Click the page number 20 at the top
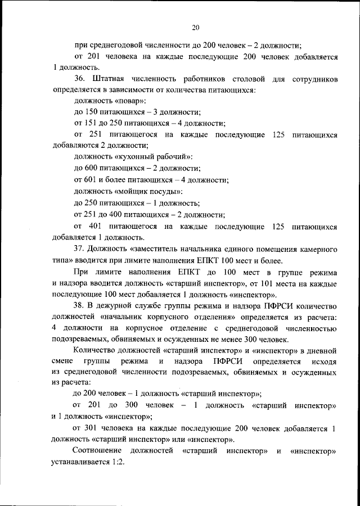[x=195, y=28]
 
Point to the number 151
[x=91, y=124]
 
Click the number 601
[x=91, y=180]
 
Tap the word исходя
[x=325, y=363]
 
